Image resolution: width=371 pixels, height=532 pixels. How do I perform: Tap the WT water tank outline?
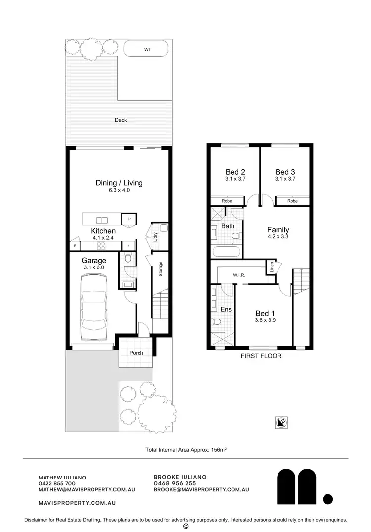tap(147, 49)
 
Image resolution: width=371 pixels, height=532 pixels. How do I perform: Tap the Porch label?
tap(136, 353)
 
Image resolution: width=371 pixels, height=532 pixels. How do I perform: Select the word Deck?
tap(121, 120)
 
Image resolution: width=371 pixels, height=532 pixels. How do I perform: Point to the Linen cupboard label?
tap(272, 266)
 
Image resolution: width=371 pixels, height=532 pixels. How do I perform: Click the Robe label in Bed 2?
tap(228, 201)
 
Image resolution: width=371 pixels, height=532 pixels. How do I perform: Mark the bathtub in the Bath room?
tap(227, 252)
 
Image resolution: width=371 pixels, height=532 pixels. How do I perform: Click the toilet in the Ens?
tap(216, 322)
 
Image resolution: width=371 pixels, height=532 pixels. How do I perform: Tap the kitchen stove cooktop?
tap(102, 245)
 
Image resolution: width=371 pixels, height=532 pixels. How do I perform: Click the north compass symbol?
tap(281, 423)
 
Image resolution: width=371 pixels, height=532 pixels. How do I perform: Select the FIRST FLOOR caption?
tap(261, 356)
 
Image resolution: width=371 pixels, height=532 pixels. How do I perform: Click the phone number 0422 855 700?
tap(57, 483)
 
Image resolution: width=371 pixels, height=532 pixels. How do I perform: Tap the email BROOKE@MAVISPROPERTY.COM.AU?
tap(201, 489)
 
